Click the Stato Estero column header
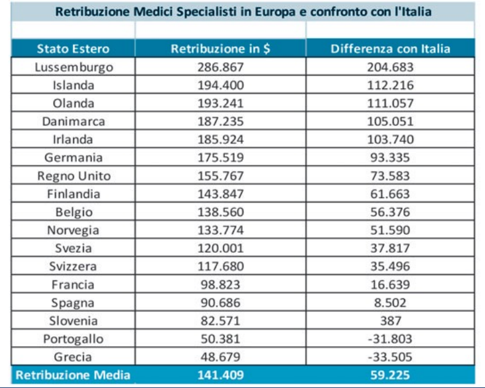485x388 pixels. [x=73, y=49]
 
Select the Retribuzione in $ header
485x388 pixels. [x=220, y=49]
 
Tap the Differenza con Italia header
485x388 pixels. [x=390, y=49]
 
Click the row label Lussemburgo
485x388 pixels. [x=73, y=67]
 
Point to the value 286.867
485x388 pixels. [x=220, y=67]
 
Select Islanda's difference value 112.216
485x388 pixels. [x=390, y=85]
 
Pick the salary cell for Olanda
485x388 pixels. [x=220, y=103]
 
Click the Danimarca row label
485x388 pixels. [x=73, y=122]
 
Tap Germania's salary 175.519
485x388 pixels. [x=220, y=158]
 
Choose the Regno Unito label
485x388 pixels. [x=74, y=176]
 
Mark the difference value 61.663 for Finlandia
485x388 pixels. [x=390, y=194]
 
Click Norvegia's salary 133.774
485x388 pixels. [x=220, y=231]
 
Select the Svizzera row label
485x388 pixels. [x=73, y=266]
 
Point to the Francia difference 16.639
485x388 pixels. [x=390, y=285]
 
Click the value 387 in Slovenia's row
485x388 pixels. [x=390, y=321]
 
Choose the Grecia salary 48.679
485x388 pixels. [x=220, y=357]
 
